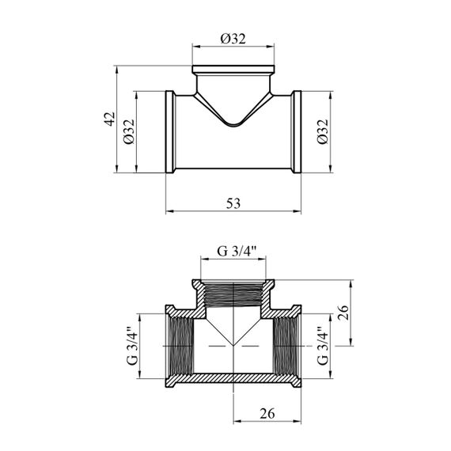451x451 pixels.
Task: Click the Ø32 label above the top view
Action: point(233,39)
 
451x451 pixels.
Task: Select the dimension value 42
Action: point(109,119)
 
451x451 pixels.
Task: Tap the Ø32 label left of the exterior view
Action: point(129,131)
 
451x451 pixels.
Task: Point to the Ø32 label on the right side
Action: point(323,131)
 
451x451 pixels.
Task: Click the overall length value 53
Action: point(233,203)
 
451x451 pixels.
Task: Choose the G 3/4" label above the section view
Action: point(237,251)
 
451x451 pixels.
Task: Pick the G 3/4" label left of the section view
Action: point(132,346)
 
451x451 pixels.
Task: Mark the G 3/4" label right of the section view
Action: point(323,346)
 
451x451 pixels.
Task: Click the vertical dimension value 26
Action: point(343,313)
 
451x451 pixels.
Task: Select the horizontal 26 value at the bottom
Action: point(267,414)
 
